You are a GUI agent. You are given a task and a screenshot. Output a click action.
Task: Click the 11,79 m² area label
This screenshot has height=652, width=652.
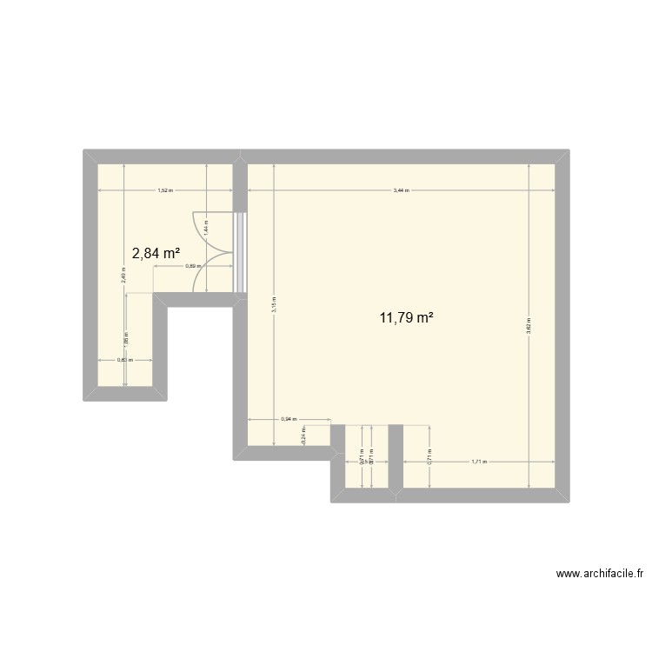click(406, 318)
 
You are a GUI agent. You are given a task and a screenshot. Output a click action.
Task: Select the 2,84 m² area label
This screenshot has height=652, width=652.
click(156, 253)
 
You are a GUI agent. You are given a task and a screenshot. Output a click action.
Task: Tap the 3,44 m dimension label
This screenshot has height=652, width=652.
click(401, 190)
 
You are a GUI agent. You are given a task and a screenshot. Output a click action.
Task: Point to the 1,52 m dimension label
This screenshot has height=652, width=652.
click(164, 190)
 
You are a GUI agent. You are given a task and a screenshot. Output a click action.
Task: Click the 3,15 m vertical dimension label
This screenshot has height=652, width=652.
click(273, 305)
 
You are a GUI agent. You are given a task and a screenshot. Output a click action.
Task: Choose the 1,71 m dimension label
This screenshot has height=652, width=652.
click(479, 462)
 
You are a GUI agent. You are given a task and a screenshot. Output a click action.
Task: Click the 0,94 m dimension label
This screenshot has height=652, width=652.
click(289, 419)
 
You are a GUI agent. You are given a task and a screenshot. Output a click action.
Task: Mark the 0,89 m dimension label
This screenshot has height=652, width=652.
click(193, 266)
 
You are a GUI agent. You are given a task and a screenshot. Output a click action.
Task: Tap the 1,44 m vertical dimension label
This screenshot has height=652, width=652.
click(205, 230)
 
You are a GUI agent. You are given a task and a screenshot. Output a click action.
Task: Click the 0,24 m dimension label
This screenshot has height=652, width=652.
click(303, 436)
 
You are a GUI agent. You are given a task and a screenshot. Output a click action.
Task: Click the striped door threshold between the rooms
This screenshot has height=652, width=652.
click(241, 252)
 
